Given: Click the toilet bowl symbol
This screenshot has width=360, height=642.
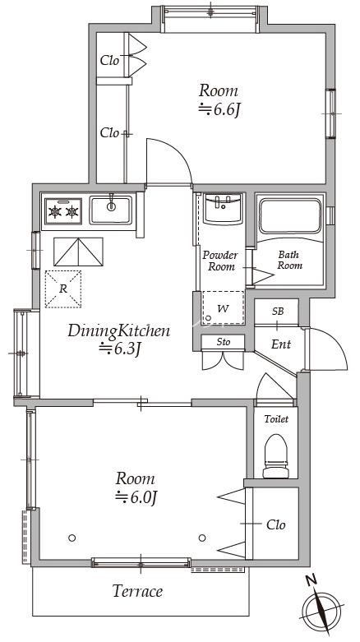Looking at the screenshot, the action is coord(275,455).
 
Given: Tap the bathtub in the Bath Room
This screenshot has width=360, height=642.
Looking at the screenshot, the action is coord(290,215).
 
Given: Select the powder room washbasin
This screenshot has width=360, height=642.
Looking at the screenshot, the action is coord(224,209).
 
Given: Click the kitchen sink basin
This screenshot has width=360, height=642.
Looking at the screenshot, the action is coord(111,210).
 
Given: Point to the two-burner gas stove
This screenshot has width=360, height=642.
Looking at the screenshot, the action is coord(63,211).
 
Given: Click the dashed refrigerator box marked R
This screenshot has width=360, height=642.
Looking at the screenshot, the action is coord(63,289).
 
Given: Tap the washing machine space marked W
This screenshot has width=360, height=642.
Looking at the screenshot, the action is coord(223,308).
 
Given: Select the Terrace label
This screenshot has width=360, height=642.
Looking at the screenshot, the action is coord(137,591).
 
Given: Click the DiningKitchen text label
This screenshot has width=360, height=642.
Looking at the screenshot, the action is coord(118,330).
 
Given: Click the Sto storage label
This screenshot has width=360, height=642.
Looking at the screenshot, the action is coord(224,341).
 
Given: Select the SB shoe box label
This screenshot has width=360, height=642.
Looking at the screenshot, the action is coord(278,312).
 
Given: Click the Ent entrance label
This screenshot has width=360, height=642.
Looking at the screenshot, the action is coord(281,344).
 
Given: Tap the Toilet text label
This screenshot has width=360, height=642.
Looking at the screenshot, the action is coord(276,419).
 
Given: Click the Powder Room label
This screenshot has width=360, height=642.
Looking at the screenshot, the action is coord(220,261).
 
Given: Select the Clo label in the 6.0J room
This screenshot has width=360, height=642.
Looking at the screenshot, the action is coord(275,524).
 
